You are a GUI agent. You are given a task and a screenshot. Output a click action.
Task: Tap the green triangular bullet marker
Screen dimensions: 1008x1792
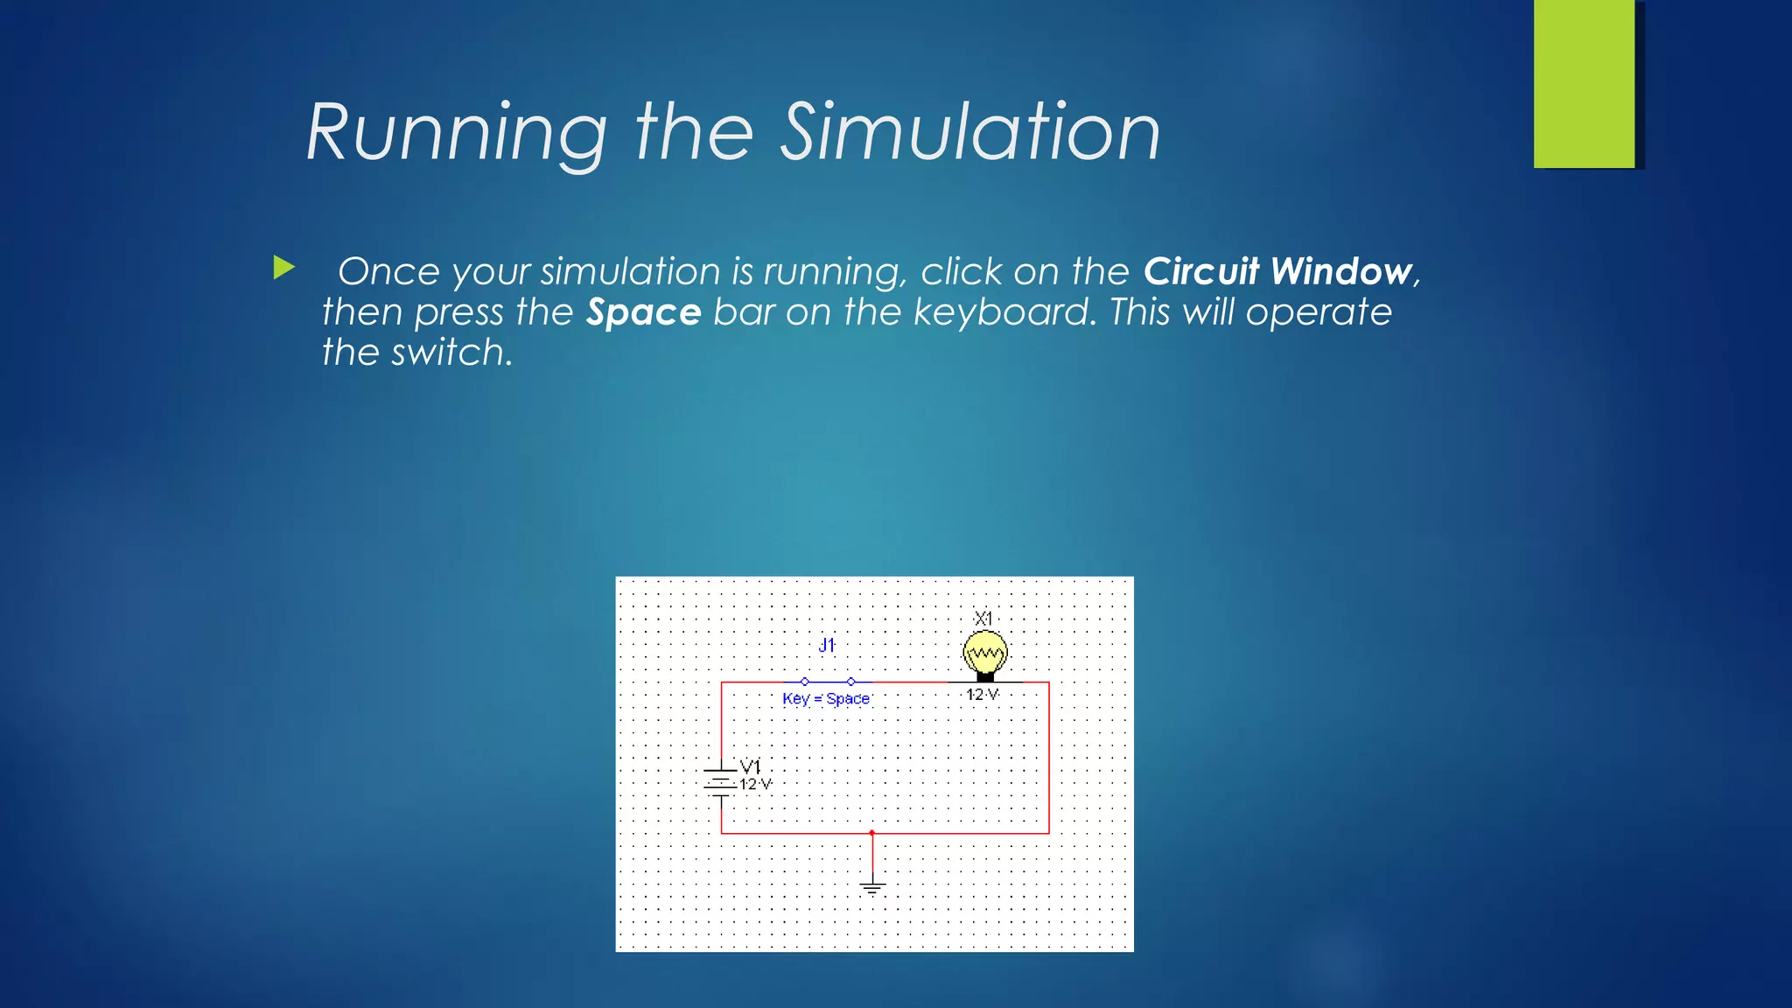coord(283,268)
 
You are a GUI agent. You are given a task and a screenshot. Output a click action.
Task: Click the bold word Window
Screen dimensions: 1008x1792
coord(1340,271)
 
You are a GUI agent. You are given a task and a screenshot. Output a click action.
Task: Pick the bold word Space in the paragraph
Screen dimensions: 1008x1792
coord(643,312)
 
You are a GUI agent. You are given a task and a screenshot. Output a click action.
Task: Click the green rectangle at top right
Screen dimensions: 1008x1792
coord(1583,84)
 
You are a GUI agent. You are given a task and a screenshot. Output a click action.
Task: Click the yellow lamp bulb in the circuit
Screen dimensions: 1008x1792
coord(985,653)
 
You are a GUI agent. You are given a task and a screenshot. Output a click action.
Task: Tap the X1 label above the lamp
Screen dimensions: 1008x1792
coord(983,619)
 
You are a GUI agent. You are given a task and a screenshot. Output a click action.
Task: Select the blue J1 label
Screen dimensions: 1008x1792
coord(827,646)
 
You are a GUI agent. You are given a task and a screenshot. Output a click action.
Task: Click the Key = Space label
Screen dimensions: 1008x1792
coord(825,698)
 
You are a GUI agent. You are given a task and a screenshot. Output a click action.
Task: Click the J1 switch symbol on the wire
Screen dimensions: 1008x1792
coord(828,681)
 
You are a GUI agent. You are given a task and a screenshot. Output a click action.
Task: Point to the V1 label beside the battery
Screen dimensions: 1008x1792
coord(751,766)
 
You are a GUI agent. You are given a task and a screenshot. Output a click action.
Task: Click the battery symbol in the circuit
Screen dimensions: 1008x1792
coord(720,781)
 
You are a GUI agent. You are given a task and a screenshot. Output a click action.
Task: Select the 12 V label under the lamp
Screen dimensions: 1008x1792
coord(982,695)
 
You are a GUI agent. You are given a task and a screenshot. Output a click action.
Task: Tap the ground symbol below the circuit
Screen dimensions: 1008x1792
coord(872,887)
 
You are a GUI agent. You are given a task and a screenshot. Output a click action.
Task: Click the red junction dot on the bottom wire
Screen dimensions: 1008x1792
coord(871,833)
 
